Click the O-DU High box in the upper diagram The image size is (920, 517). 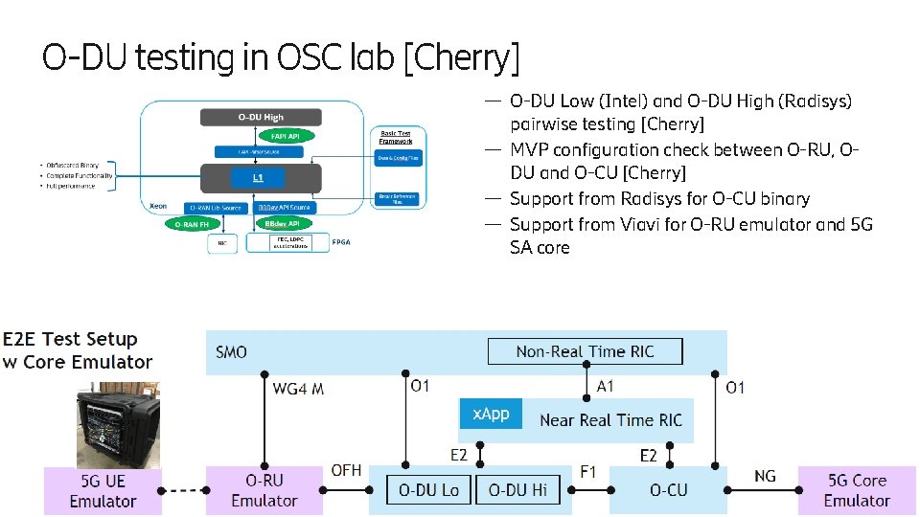[261, 117]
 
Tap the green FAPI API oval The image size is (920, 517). [286, 136]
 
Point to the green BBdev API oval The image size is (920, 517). [279, 224]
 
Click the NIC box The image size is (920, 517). [221, 243]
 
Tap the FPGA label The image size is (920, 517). [341, 242]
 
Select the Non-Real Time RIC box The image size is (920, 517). [585, 351]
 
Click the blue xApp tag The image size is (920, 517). [490, 414]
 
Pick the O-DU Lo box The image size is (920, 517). [428, 490]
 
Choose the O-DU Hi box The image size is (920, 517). [517, 490]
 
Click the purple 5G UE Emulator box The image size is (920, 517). [103, 490]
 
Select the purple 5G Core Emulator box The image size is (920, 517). [857, 490]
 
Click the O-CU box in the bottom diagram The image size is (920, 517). [668, 490]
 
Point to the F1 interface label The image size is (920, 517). [588, 471]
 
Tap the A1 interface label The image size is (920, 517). [605, 386]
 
